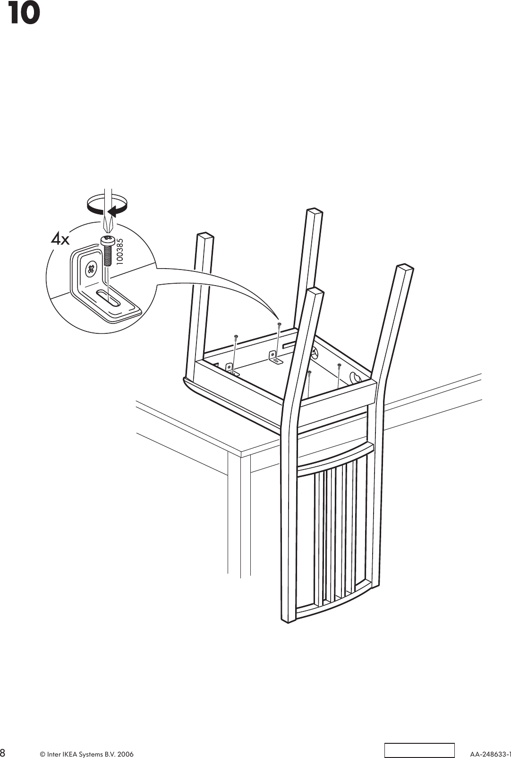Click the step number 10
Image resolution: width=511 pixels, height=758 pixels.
click(x=23, y=14)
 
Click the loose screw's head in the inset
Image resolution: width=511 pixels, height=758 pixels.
click(x=107, y=240)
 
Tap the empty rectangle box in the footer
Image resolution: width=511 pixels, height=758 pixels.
click(x=418, y=750)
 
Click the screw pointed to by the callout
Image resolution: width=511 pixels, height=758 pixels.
click(x=280, y=324)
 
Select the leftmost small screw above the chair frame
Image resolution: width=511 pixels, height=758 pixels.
click(x=236, y=337)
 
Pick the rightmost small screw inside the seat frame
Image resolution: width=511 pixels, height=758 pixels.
click(x=339, y=366)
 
